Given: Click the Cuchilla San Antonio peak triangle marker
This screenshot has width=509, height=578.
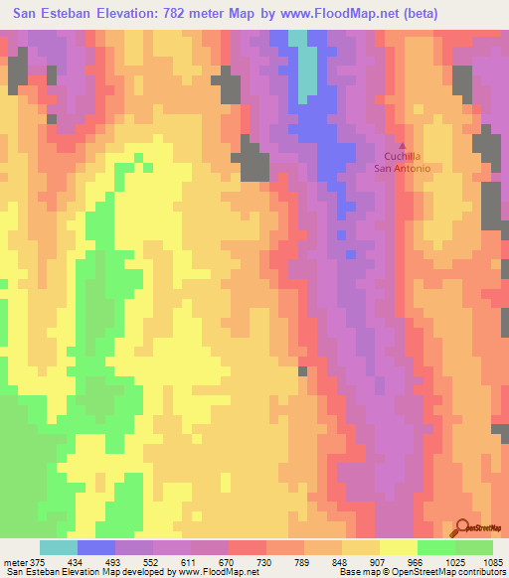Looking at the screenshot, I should point(403,146).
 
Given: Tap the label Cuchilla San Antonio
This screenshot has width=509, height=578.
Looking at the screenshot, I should point(403,163).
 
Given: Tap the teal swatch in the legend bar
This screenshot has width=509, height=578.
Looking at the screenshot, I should point(58,548).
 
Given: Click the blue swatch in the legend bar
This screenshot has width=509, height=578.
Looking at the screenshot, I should point(95,548).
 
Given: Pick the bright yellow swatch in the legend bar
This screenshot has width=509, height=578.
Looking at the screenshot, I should point(398,548).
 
